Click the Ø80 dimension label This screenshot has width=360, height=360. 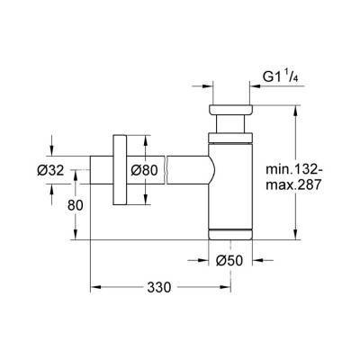tap(145, 168)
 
